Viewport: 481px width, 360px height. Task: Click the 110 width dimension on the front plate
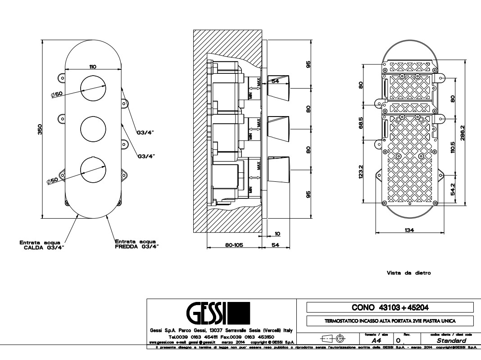point(92,67)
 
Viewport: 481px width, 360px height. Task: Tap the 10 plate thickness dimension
point(277,234)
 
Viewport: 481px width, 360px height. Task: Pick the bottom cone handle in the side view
point(280,169)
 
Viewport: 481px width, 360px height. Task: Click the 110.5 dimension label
point(453,147)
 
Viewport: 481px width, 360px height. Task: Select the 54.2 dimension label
point(453,189)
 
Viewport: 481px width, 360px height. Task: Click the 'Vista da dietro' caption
point(408,273)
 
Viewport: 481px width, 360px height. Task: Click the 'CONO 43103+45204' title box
point(390,307)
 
